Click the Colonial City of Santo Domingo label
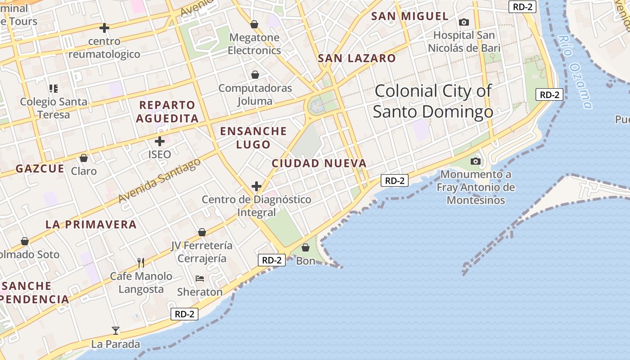(x=433, y=101)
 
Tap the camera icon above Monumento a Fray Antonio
(x=476, y=161)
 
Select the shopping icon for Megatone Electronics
(x=254, y=24)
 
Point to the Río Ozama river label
(x=575, y=72)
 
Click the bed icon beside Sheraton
(x=200, y=279)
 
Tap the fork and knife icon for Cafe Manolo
(x=141, y=262)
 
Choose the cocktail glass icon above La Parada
(x=116, y=331)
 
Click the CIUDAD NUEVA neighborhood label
(x=319, y=163)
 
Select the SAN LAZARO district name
(x=357, y=58)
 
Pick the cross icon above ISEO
(x=159, y=141)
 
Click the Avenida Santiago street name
(x=160, y=181)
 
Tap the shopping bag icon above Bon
(x=306, y=247)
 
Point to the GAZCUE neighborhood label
(x=40, y=169)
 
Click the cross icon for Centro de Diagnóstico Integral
(x=256, y=186)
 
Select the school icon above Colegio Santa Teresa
(x=54, y=89)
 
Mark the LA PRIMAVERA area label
(x=91, y=225)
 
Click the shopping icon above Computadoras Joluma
(x=255, y=75)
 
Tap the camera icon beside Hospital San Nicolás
(x=464, y=22)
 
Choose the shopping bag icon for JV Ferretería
(x=202, y=232)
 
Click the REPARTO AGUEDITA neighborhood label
(x=167, y=112)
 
